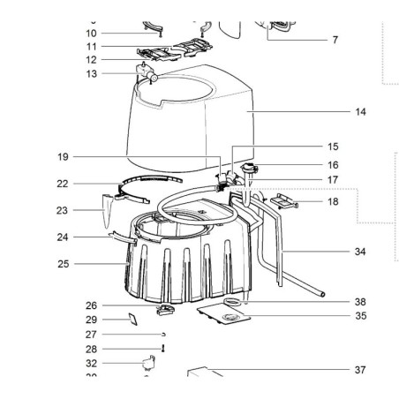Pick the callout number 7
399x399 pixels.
coord(335,40)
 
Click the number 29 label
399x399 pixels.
coord(90,320)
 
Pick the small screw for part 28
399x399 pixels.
coord(163,349)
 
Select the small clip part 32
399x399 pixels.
coord(149,362)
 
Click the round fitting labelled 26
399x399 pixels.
coord(163,309)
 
